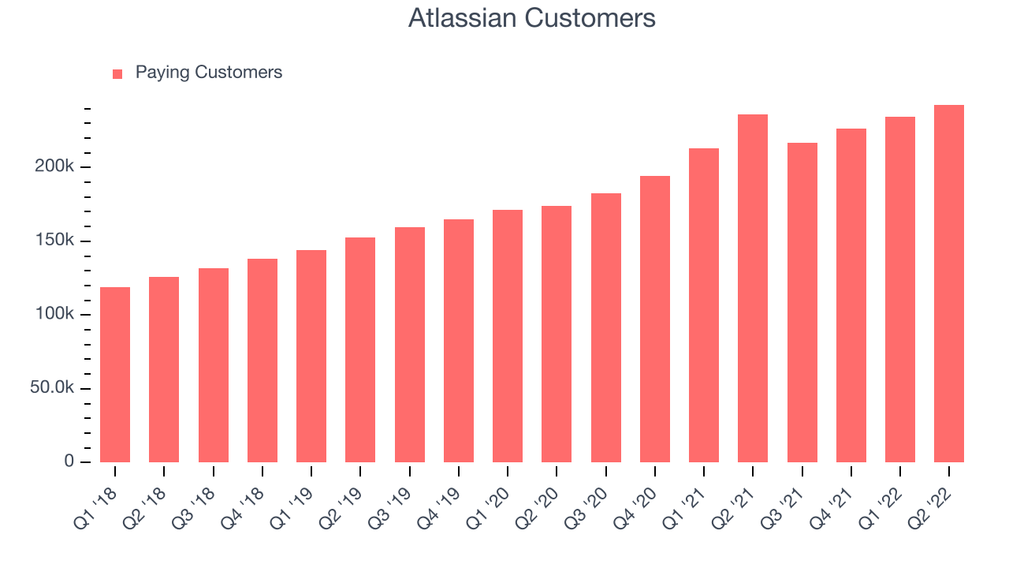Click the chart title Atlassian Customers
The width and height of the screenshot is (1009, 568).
[x=531, y=18]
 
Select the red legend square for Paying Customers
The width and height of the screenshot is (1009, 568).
[x=117, y=74]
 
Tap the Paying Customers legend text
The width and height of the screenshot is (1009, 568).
[x=209, y=73]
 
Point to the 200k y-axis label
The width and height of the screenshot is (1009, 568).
[x=54, y=166]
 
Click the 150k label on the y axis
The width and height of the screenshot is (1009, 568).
[x=54, y=241]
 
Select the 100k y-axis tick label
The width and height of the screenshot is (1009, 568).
[x=54, y=314]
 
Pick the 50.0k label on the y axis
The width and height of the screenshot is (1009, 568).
[x=52, y=387]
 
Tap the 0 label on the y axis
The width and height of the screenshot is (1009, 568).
[x=69, y=461]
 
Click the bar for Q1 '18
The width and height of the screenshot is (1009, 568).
[x=115, y=375]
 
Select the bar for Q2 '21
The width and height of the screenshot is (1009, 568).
[x=753, y=289]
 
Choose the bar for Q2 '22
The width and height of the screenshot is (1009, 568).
[x=949, y=283]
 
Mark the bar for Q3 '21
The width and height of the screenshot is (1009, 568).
[x=802, y=302]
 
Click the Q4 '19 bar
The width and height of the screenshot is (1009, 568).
[x=459, y=341]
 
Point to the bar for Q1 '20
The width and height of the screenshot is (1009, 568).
[x=508, y=336]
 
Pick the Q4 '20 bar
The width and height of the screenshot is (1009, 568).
[x=655, y=319]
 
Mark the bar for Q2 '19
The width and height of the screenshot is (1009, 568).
[x=360, y=349]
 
